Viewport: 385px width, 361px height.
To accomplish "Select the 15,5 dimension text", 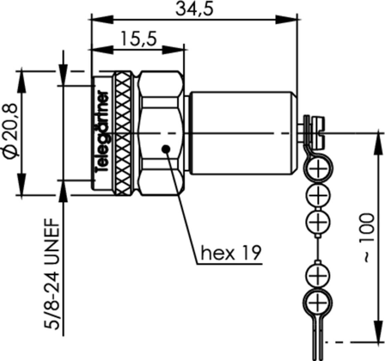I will click(138, 39).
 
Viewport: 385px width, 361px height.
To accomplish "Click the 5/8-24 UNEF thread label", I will click(52, 274).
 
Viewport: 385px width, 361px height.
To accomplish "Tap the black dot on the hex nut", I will click(166, 148).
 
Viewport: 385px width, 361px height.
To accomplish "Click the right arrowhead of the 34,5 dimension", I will click(286, 19).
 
